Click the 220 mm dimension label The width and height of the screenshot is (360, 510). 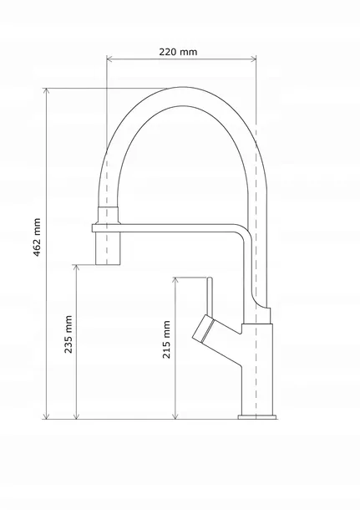click(x=178, y=52)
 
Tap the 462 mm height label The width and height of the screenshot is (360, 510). click(x=37, y=237)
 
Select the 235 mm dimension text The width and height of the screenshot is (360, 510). click(x=68, y=334)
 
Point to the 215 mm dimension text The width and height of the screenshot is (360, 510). click(x=166, y=339)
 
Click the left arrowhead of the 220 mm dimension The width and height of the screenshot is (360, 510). click(x=109, y=59)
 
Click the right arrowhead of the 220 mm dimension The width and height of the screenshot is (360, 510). click(x=253, y=59)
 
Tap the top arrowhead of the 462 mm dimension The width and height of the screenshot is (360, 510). click(x=47, y=91)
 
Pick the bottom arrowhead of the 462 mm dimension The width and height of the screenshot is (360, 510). click(x=47, y=416)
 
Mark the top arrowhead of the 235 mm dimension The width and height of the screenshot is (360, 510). click(x=76, y=268)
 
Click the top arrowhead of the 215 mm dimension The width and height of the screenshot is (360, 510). click(x=175, y=280)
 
